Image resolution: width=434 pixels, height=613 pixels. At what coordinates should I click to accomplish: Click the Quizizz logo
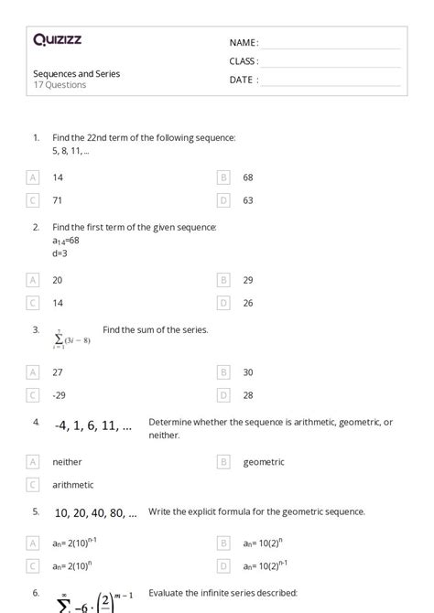[x=57, y=39]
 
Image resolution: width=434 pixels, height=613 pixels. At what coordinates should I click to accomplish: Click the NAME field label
[x=244, y=43]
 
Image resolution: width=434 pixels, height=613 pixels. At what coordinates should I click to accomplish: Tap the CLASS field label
[x=244, y=61]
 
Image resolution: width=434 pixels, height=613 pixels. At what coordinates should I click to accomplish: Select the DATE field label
[x=244, y=80]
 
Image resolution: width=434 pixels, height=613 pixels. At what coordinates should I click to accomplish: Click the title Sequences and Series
[x=76, y=73]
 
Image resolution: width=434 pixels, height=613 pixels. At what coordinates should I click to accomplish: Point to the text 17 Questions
[x=60, y=85]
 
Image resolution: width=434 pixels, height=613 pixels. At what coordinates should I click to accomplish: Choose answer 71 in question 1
[x=58, y=199]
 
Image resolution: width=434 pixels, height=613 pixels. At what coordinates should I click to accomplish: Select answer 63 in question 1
[x=248, y=199]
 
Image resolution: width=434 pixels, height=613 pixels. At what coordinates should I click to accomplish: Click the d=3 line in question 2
[x=60, y=253]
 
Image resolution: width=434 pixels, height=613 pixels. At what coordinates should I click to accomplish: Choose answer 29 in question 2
[x=248, y=280]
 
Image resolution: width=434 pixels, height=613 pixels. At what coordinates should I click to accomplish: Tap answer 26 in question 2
[x=248, y=303]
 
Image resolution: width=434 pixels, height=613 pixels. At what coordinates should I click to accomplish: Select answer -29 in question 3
[x=60, y=395]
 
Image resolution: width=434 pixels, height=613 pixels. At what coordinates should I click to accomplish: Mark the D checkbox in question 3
[x=223, y=395]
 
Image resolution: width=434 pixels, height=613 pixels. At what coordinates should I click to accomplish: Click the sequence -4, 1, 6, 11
[x=92, y=425]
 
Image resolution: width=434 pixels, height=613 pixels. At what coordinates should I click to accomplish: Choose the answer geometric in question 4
[x=264, y=462]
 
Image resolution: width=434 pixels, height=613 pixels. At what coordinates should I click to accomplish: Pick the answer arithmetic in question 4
[x=73, y=485]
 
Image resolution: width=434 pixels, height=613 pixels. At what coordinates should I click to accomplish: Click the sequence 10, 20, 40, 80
[x=95, y=512]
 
